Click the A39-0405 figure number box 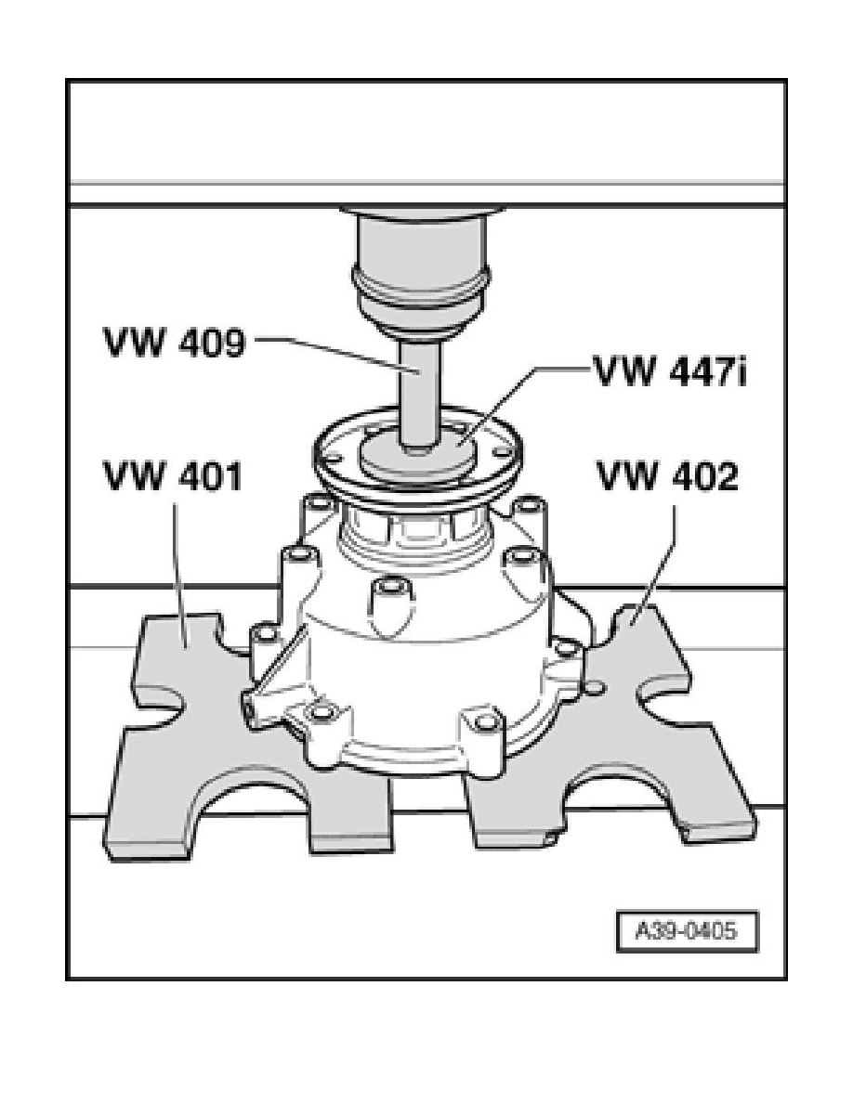click(688, 930)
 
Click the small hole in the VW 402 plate click(597, 686)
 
